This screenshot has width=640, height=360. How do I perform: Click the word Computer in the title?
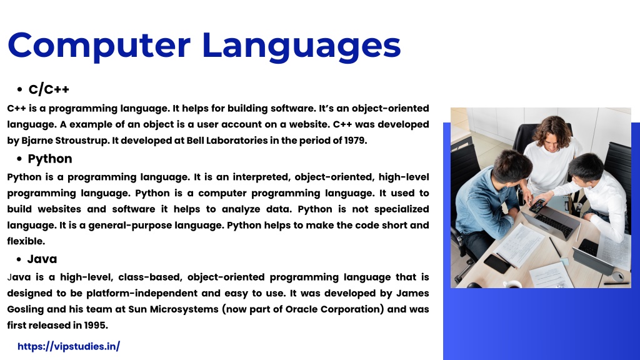tap(99, 46)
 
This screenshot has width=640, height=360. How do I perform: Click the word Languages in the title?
tap(301, 46)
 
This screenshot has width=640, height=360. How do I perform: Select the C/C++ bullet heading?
tap(49, 89)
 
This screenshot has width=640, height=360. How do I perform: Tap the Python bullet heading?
tap(50, 159)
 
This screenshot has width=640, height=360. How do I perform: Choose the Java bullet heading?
tap(42, 259)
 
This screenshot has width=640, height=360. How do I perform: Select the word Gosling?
tap(25, 309)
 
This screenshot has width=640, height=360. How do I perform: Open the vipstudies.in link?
tap(69, 346)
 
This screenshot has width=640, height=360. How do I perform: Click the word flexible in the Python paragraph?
tap(26, 241)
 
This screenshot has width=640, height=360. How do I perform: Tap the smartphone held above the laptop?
tap(537, 206)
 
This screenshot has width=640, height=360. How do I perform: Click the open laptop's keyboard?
tap(554, 225)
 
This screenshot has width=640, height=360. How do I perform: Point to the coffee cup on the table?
tap(512, 284)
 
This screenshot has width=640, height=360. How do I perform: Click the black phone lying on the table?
tap(497, 263)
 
